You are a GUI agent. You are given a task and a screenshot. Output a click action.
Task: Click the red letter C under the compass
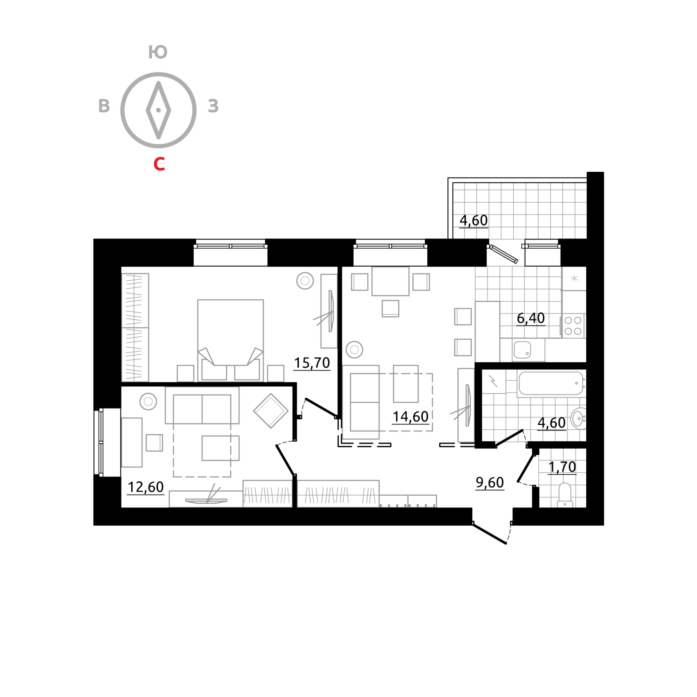pyautogui.click(x=159, y=164)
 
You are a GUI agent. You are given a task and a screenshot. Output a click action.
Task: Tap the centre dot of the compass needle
pyautogui.click(x=158, y=110)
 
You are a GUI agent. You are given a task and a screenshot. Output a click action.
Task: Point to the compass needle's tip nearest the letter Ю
pyautogui.click(x=158, y=82)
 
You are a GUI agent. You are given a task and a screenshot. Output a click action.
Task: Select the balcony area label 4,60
pyautogui.click(x=474, y=220)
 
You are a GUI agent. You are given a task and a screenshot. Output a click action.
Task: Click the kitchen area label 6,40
pyautogui.click(x=531, y=318)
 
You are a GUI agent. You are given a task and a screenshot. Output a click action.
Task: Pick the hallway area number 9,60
pyautogui.click(x=490, y=482)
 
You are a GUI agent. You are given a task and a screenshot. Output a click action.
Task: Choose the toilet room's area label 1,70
pyautogui.click(x=562, y=467)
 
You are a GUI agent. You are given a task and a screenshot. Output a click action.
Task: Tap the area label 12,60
pyautogui.click(x=146, y=487)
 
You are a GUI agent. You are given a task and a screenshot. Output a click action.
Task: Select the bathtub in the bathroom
pyautogui.click(x=551, y=383)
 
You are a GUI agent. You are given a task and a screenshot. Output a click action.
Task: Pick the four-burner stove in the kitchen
pyautogui.click(x=573, y=326)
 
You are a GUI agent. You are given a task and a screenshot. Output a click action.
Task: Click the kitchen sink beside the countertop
pyautogui.click(x=522, y=350)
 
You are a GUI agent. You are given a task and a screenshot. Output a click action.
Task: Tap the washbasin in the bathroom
pyautogui.click(x=579, y=418)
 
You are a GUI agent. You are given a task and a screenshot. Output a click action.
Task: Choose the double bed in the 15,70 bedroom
pyautogui.click(x=230, y=340)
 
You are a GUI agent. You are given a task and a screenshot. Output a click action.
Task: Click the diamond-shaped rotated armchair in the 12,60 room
pyautogui.click(x=271, y=410)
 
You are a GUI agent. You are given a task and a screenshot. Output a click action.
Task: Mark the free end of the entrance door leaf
pyautogui.click(x=506, y=543)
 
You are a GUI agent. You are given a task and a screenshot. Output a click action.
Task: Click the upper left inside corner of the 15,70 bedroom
pyautogui.click(x=121, y=267)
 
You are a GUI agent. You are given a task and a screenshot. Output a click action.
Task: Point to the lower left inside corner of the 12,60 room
pyautogui.click(x=121, y=507)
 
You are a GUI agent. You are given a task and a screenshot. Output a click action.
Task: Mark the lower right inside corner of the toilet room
pyautogui.click(x=586, y=507)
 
